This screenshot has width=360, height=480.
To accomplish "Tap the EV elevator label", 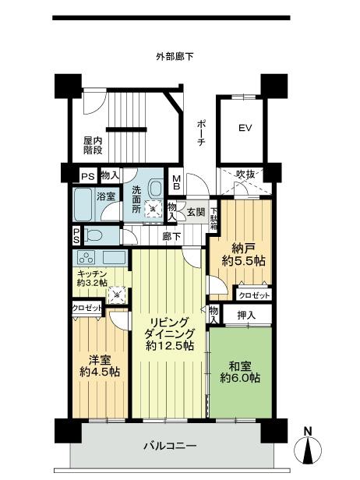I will (x=245, y=127).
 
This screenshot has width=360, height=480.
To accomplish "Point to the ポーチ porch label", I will (x=202, y=134).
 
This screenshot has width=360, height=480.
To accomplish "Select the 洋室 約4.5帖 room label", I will (x=98, y=366).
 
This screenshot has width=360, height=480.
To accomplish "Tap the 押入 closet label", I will (x=243, y=316).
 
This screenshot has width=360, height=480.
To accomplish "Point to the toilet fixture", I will (x=94, y=236).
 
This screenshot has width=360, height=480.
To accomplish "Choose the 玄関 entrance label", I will (x=196, y=211).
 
